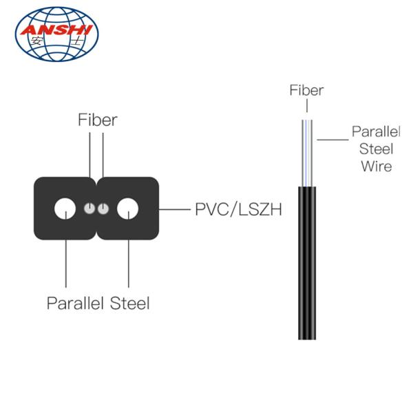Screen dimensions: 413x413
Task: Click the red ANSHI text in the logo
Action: click(x=56, y=30)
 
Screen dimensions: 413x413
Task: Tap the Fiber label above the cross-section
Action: click(x=98, y=120)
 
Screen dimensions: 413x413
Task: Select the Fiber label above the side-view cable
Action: click(x=306, y=90)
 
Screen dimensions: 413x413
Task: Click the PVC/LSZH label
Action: click(x=238, y=209)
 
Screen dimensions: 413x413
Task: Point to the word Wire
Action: click(x=377, y=166)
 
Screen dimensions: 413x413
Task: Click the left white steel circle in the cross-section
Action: click(x=65, y=209)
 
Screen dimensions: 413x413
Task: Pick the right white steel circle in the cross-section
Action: click(x=128, y=209)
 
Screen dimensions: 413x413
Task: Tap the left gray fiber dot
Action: click(x=89, y=209)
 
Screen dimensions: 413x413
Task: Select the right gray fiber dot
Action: click(x=103, y=209)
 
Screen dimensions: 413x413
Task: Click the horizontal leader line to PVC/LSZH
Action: click(x=175, y=210)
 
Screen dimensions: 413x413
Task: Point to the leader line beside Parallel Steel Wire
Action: click(x=332, y=140)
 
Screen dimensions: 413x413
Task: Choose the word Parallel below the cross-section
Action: click(x=75, y=303)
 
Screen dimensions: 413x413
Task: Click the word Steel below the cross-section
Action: click(x=129, y=303)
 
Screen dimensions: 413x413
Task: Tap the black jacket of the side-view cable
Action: click(x=307, y=263)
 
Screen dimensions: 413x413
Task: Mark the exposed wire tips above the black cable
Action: click(x=307, y=153)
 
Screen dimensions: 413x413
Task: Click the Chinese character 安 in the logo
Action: click(x=36, y=41)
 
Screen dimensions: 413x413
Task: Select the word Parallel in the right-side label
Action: click(x=376, y=131)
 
